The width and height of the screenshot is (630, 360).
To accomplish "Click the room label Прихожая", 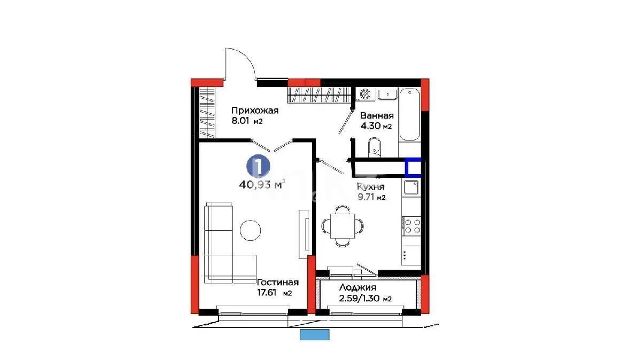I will [x=255, y=111].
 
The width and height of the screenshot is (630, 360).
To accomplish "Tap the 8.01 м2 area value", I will [x=247, y=121].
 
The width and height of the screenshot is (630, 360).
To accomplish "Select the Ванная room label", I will [x=377, y=116].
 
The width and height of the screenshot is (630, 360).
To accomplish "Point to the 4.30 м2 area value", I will [x=376, y=127].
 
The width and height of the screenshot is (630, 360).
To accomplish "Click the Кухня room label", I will [x=370, y=187].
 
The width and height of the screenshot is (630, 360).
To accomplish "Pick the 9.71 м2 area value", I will [x=371, y=198].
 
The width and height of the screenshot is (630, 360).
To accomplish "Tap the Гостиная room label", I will [x=277, y=282].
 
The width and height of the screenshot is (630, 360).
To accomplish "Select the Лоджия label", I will [x=357, y=287].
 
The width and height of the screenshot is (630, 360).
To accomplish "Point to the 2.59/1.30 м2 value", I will [x=365, y=299].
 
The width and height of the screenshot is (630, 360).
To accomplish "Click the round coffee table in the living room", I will [x=250, y=230].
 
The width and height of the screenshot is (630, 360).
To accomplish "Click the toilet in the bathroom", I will [x=375, y=146].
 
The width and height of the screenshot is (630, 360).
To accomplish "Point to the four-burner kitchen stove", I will [x=411, y=225].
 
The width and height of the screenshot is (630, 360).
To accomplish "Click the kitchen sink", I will [x=411, y=187].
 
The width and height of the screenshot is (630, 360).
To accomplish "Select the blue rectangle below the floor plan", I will [x=315, y=334].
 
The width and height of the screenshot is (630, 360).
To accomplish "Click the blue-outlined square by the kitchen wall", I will [x=413, y=168].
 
